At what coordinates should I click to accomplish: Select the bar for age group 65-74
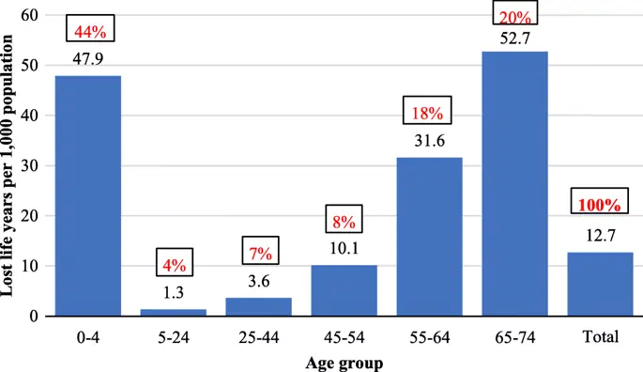pos(514,183)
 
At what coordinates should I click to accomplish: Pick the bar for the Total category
pos(600,284)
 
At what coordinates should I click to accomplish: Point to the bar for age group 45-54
pos(344,290)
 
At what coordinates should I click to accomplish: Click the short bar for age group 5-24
pos(173,312)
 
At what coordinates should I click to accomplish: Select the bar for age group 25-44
pos(258,306)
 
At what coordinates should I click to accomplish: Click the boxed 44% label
pos(87,31)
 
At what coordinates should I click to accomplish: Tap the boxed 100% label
pos(600,204)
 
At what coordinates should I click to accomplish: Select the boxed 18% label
pos(429,113)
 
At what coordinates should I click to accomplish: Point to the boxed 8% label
pos(344,223)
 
